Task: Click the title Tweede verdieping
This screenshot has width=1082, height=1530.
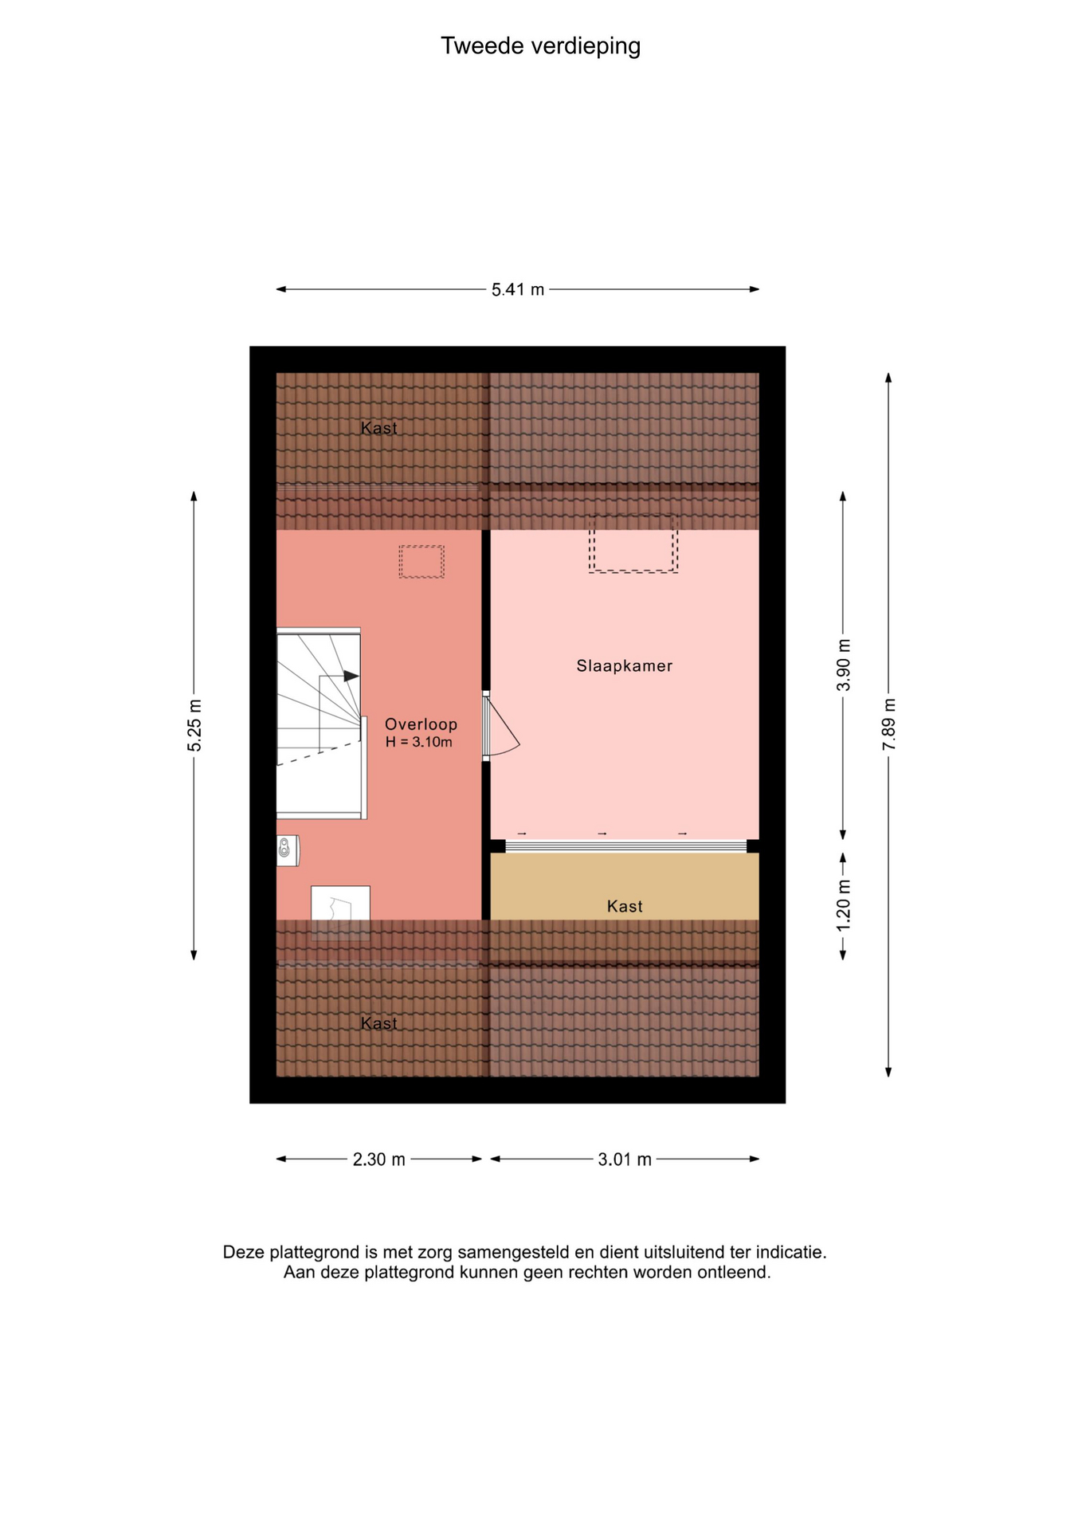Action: pos(540,46)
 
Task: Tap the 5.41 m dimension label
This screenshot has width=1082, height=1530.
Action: pos(518,289)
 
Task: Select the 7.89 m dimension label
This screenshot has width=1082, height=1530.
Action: pos(889,724)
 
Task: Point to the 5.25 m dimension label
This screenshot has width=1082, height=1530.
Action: pos(194,724)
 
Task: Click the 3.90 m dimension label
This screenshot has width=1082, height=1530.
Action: pos(844,665)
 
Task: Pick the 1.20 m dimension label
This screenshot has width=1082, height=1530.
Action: pos(844,904)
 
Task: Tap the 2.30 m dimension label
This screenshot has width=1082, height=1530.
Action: pos(379,1159)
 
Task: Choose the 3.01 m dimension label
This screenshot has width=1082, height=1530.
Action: pos(625,1159)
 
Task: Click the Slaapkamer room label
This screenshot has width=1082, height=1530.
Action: pos(625,665)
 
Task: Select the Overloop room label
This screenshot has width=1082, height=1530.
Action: pos(421,724)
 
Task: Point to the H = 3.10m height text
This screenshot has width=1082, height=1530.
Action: pos(419,742)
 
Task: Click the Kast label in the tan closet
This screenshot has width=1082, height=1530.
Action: pos(625,906)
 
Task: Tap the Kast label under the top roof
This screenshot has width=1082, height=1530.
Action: pos(379,428)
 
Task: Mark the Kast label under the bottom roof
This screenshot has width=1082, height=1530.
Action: pos(379,1023)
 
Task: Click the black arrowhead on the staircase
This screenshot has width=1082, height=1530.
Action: pos(351,676)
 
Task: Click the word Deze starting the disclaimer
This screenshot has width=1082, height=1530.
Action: pos(244,1252)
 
